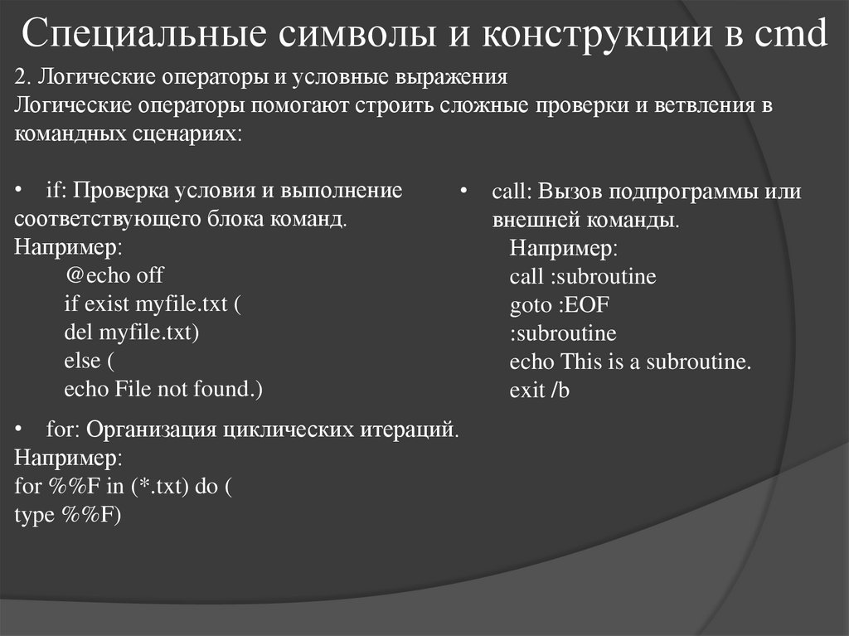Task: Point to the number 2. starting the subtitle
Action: (23, 79)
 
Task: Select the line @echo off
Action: (114, 275)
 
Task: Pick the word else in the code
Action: (81, 361)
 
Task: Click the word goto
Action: (530, 304)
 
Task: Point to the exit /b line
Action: (539, 390)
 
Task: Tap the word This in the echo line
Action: (583, 362)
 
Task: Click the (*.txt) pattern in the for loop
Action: (160, 487)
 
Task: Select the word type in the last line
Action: (33, 515)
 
